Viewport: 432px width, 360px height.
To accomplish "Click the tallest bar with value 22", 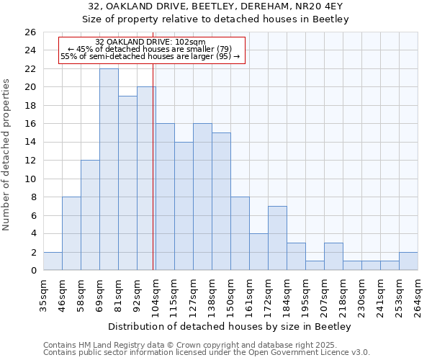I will pyautogui.click(x=109, y=169).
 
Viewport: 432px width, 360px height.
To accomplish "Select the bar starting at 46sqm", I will pyautogui.click(x=71, y=233).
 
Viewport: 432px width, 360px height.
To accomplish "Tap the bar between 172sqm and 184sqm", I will pyautogui.click(x=277, y=238).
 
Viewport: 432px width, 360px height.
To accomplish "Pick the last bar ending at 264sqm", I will pyautogui.click(x=408, y=261).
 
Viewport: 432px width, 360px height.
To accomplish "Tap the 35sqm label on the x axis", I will pyautogui.click(x=43, y=296).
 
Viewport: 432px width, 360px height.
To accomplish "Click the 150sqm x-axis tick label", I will pyautogui.click(x=230, y=296).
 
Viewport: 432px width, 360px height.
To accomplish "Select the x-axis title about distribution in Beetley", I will pyautogui.click(x=230, y=327).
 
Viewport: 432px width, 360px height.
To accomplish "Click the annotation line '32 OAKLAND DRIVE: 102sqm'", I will pyautogui.click(x=150, y=42).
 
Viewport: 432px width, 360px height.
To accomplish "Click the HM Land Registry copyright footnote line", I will pyautogui.click(x=205, y=345).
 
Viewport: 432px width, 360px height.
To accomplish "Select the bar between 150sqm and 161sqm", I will pyautogui.click(x=240, y=233).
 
